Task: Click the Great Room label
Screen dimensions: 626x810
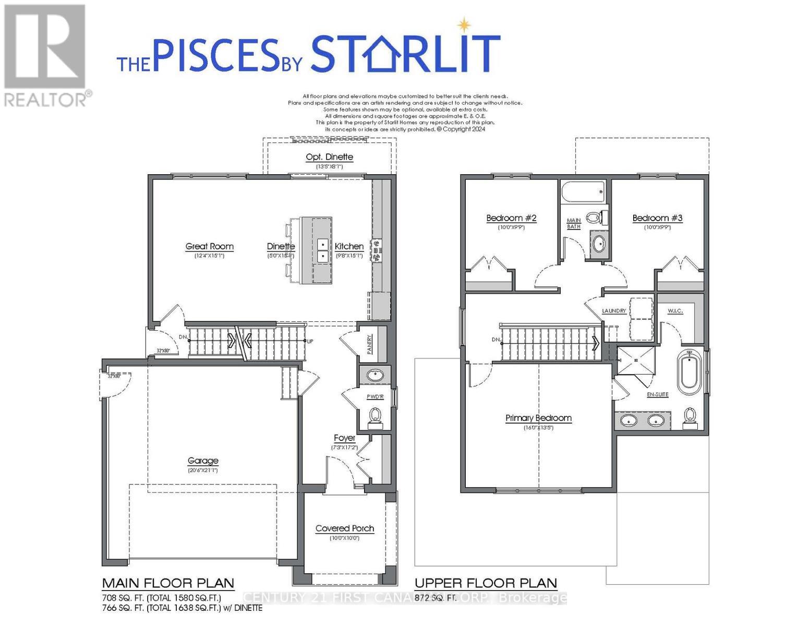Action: click(209, 247)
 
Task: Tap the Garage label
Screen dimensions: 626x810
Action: click(203, 461)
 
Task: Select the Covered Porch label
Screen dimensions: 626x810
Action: click(344, 528)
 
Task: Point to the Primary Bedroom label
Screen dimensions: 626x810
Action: click(538, 418)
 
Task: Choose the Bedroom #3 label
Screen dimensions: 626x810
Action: click(657, 218)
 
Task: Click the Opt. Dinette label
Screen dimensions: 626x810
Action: click(329, 157)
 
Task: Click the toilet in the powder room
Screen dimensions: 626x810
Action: click(374, 415)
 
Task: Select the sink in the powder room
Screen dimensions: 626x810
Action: click(374, 375)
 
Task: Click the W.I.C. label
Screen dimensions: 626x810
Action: click(675, 311)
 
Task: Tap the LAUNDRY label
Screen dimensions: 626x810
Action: click(614, 311)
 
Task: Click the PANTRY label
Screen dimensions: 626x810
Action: click(370, 344)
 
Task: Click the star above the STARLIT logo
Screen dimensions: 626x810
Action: click(463, 25)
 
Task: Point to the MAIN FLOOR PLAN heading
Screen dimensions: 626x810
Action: click(168, 583)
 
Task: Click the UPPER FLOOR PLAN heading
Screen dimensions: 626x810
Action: click(486, 583)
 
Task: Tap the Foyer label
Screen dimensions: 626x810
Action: click(344, 438)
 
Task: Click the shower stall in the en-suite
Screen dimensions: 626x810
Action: click(635, 360)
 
